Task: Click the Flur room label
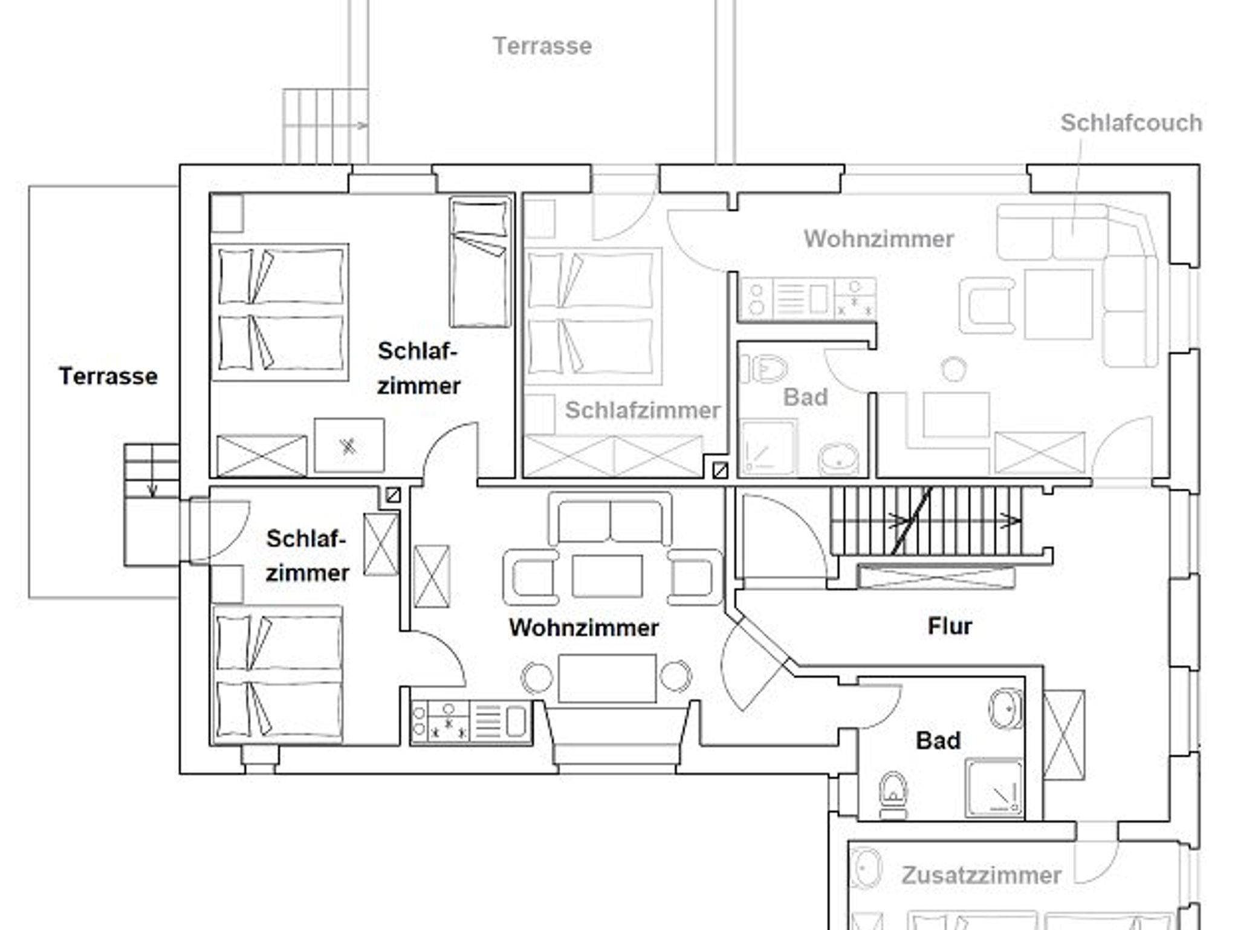click(949, 626)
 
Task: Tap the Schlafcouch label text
click(1131, 123)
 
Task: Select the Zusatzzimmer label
click(981, 875)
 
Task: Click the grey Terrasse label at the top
click(542, 46)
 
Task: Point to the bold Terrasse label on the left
click(108, 376)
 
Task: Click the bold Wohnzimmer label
click(583, 628)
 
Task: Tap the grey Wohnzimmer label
click(878, 239)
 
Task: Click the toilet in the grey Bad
click(763, 368)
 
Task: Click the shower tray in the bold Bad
click(994, 788)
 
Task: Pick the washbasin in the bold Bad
click(1006, 709)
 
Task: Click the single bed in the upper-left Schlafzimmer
click(480, 262)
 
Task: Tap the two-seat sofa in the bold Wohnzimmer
click(610, 519)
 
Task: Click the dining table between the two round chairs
click(607, 678)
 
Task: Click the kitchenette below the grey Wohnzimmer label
click(808, 298)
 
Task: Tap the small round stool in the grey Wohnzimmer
click(953, 369)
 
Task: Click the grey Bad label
click(805, 397)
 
